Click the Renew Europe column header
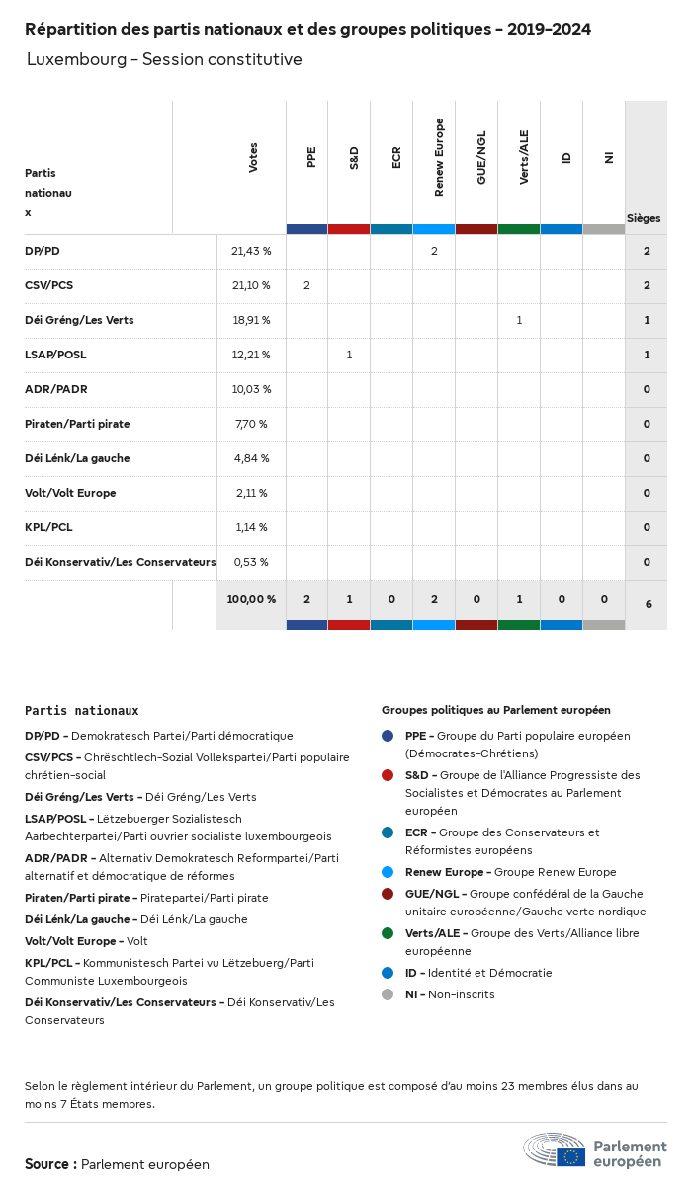point(439,158)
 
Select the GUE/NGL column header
point(481,158)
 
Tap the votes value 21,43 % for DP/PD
point(251,252)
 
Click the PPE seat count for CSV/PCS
point(306,286)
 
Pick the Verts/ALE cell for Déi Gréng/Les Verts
point(519,320)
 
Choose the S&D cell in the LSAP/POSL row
point(349,355)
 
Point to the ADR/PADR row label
point(56,389)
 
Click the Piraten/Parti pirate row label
point(77,424)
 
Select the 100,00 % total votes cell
point(251,599)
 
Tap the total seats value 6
point(648,603)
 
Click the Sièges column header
point(644,218)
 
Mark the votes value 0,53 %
point(251,562)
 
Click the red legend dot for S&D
point(388,775)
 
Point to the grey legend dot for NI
point(388,994)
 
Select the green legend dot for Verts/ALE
point(388,933)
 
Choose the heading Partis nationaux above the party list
point(81,710)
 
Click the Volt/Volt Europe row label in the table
point(70,493)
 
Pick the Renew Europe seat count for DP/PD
point(434,252)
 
